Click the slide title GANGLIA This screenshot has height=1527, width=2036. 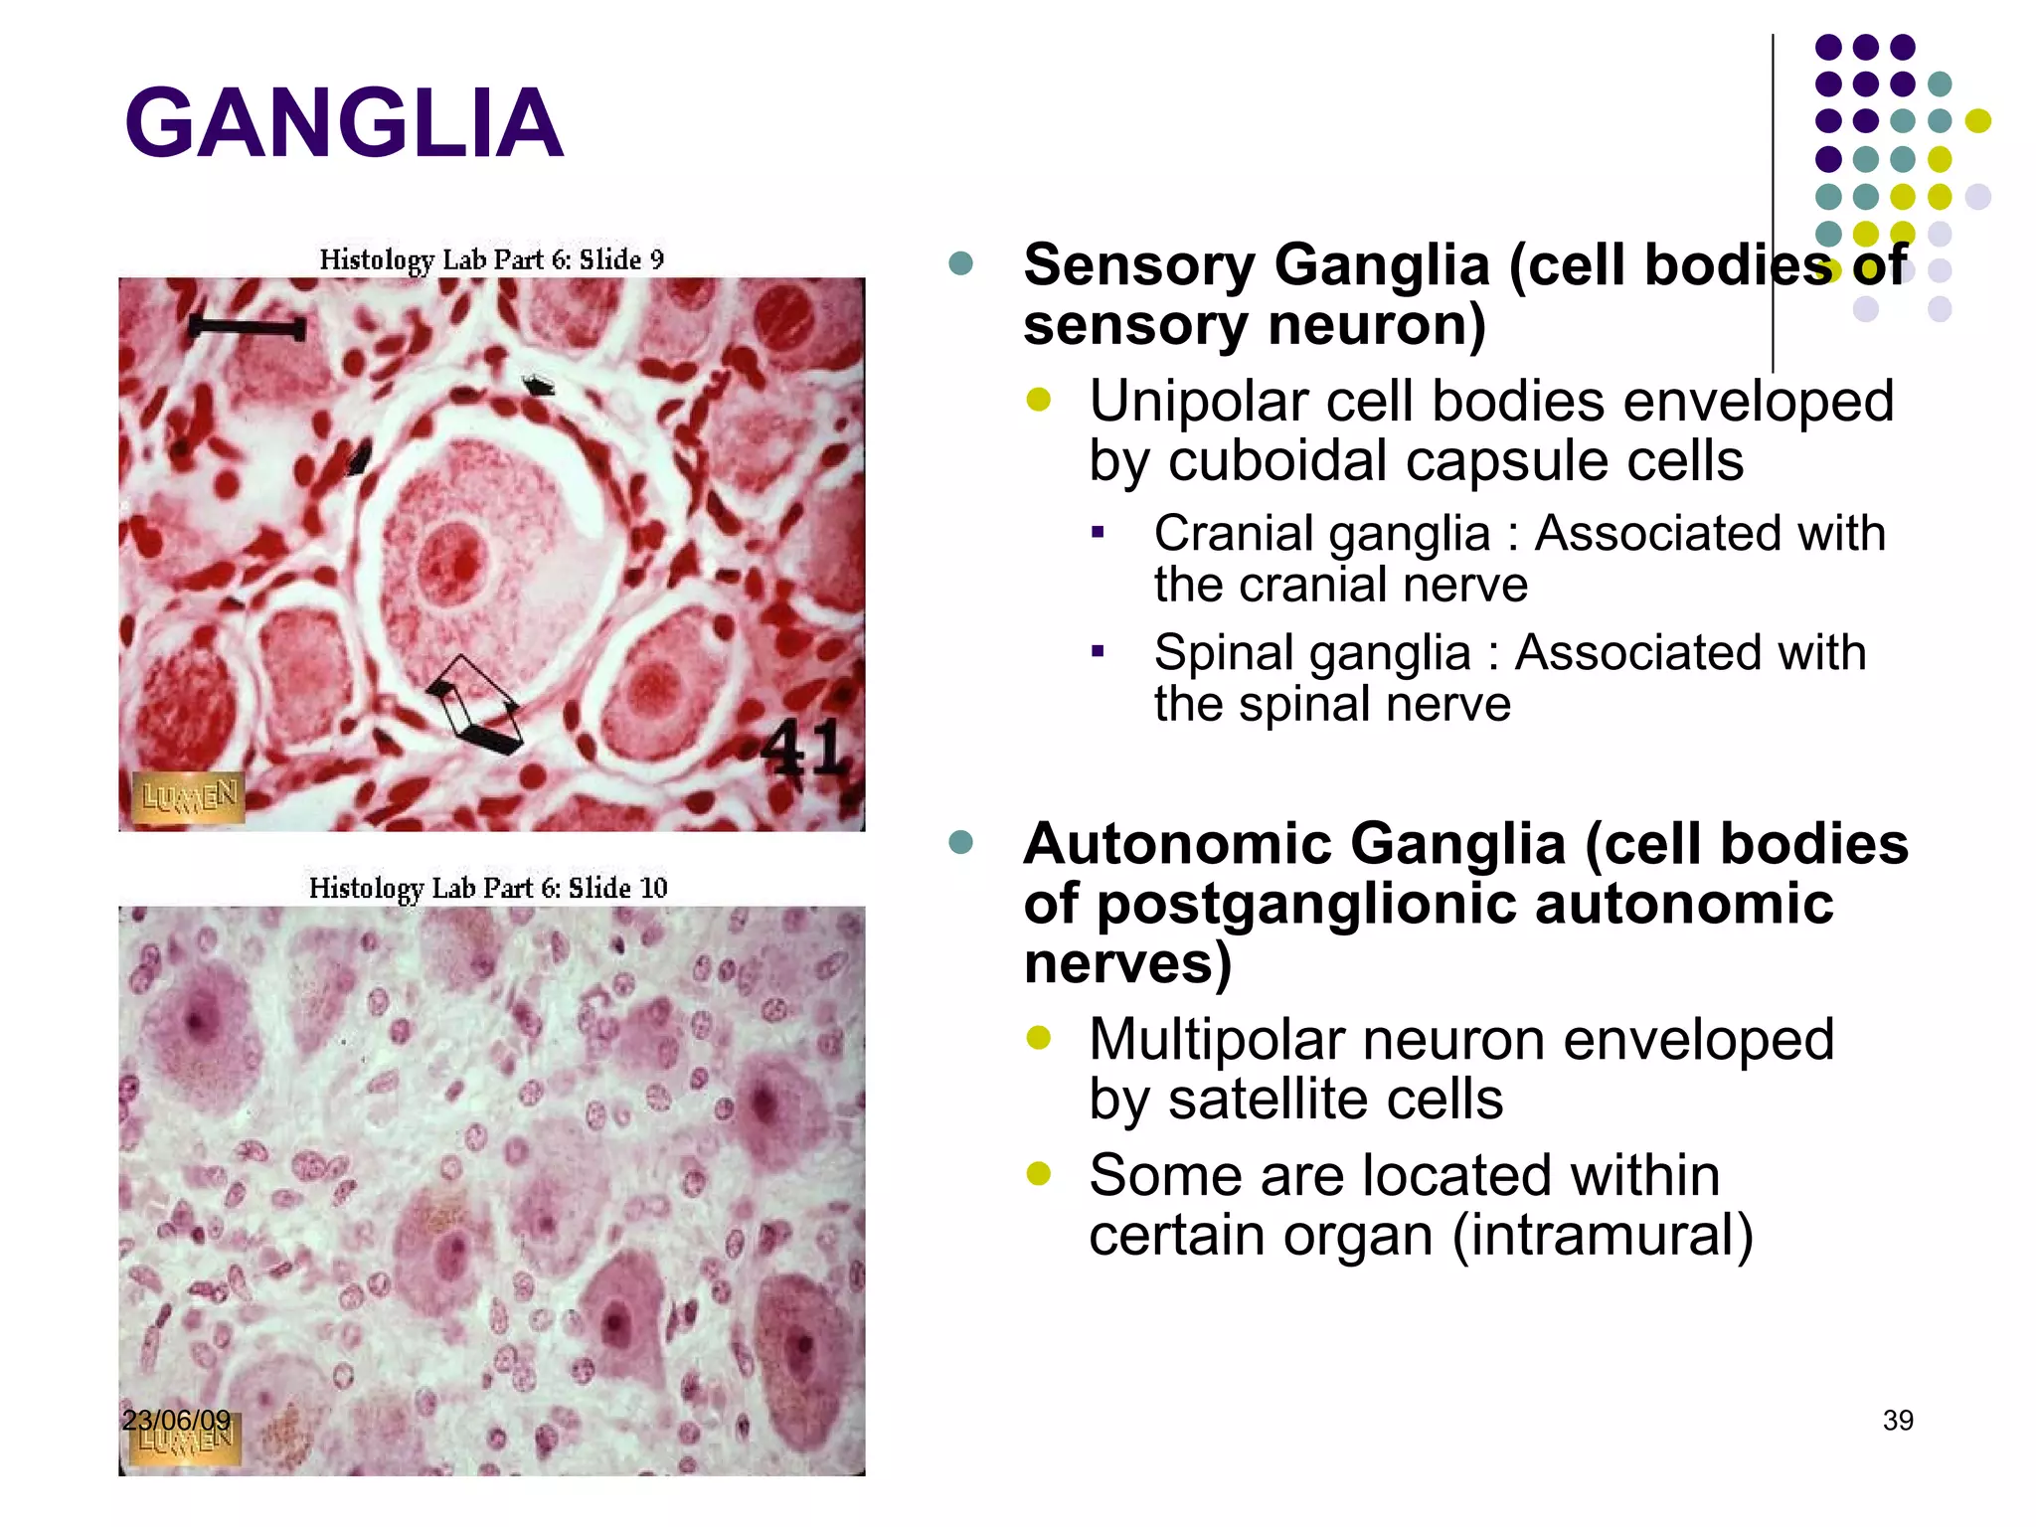(x=344, y=123)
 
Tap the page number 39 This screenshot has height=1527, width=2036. (x=1898, y=1421)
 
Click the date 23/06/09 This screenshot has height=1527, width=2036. (x=176, y=1420)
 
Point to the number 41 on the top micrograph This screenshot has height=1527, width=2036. (x=803, y=748)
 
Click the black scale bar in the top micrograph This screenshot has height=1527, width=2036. (x=247, y=327)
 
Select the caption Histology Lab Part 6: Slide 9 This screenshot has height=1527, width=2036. (x=491, y=259)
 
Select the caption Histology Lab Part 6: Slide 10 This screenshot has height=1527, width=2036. (x=488, y=887)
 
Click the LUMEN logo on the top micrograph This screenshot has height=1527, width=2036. (x=189, y=796)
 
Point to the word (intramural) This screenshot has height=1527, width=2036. (x=1603, y=1235)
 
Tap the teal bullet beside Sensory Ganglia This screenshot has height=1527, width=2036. (x=960, y=263)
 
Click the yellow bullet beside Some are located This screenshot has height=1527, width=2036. (x=1038, y=1174)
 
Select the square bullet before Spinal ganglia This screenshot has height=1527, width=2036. (x=1098, y=652)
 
